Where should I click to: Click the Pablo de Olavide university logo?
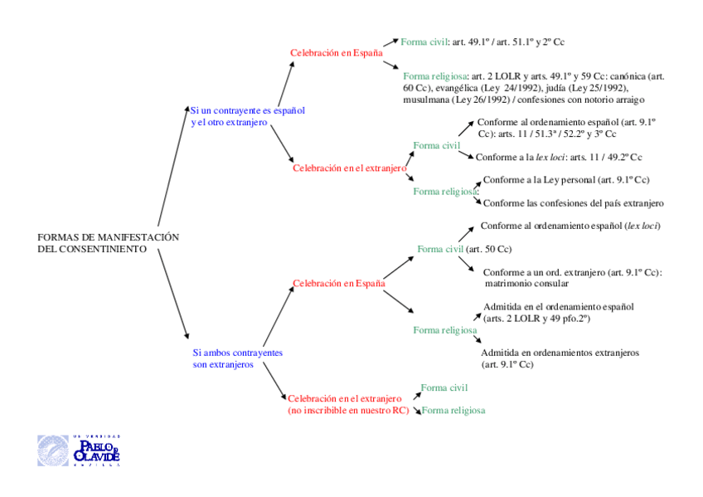pyautogui.click(x=79, y=450)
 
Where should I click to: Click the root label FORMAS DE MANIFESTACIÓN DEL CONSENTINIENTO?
pyautogui.click(x=108, y=242)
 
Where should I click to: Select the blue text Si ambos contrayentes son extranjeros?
pyautogui.click(x=237, y=358)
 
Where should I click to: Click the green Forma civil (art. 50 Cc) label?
pyautogui.click(x=464, y=249)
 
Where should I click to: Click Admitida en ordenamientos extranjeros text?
pyautogui.click(x=560, y=353)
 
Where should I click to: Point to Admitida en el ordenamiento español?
pyautogui.click(x=558, y=307)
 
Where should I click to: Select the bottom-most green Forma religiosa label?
pyautogui.click(x=453, y=411)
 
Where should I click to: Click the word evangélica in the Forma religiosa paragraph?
pyautogui.click(x=458, y=88)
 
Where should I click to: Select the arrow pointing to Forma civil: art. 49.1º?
pyautogui.click(x=390, y=42)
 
